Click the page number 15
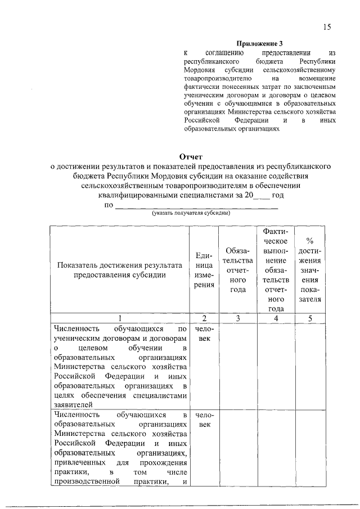[x=327, y=27]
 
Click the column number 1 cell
[x=119, y=318]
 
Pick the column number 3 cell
[x=238, y=318]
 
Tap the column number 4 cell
[x=276, y=318]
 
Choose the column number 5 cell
[x=310, y=318]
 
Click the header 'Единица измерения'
[x=204, y=270]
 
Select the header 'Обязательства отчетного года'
[x=238, y=270]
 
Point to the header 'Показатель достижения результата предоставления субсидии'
[x=119, y=270]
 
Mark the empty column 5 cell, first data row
[x=310, y=366]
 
